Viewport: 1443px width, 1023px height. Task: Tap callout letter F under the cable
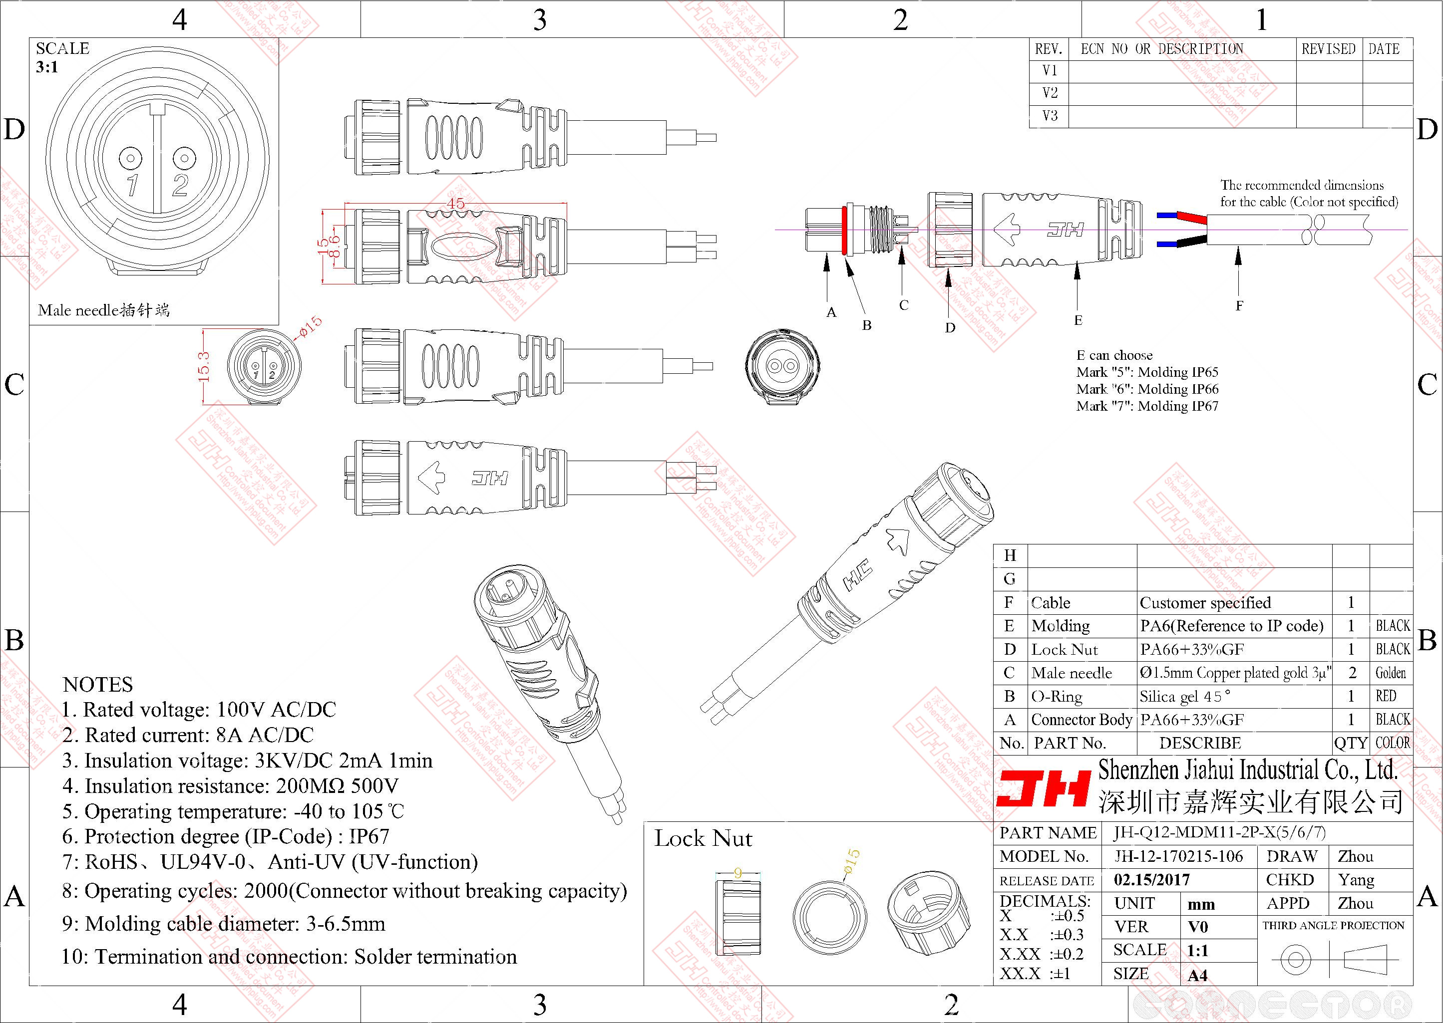tap(1239, 306)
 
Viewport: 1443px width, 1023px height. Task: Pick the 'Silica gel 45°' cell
tap(1185, 697)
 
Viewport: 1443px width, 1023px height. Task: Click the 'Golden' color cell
tap(1390, 673)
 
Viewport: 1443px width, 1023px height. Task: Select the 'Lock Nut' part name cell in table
tap(1065, 649)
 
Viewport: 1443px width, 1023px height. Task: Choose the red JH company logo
tap(1044, 788)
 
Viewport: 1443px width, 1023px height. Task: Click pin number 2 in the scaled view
tap(180, 185)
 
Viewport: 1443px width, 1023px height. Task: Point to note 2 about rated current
tap(188, 735)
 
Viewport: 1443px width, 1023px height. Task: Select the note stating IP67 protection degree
tap(226, 836)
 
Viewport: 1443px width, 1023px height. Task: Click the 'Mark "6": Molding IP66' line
tap(1147, 389)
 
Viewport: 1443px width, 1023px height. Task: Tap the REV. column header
tap(1049, 49)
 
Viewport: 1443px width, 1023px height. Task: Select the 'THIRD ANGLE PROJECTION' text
tap(1333, 925)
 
